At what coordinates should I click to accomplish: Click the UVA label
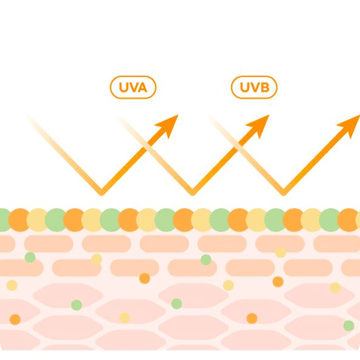[133, 87]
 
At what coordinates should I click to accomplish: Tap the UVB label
[254, 87]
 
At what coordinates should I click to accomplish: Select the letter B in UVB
[265, 88]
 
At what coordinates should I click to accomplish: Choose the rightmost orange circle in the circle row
[349, 220]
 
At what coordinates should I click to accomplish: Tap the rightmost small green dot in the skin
[349, 326]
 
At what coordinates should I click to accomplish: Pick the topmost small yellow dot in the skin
[281, 253]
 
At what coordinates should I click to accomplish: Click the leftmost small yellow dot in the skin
[12, 286]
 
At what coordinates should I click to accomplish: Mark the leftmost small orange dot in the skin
[15, 320]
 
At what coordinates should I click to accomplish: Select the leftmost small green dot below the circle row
[30, 257]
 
